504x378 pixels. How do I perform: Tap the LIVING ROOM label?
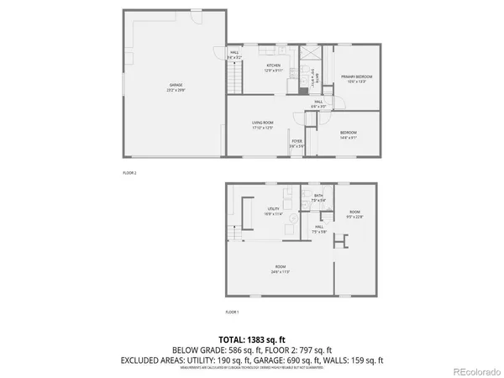pos(263,124)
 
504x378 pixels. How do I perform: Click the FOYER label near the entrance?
pos(296,143)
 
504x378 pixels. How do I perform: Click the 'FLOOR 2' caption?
pos(129,171)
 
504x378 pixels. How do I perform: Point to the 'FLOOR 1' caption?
pos(233,312)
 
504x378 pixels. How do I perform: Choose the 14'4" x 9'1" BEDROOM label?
pos(348,134)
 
